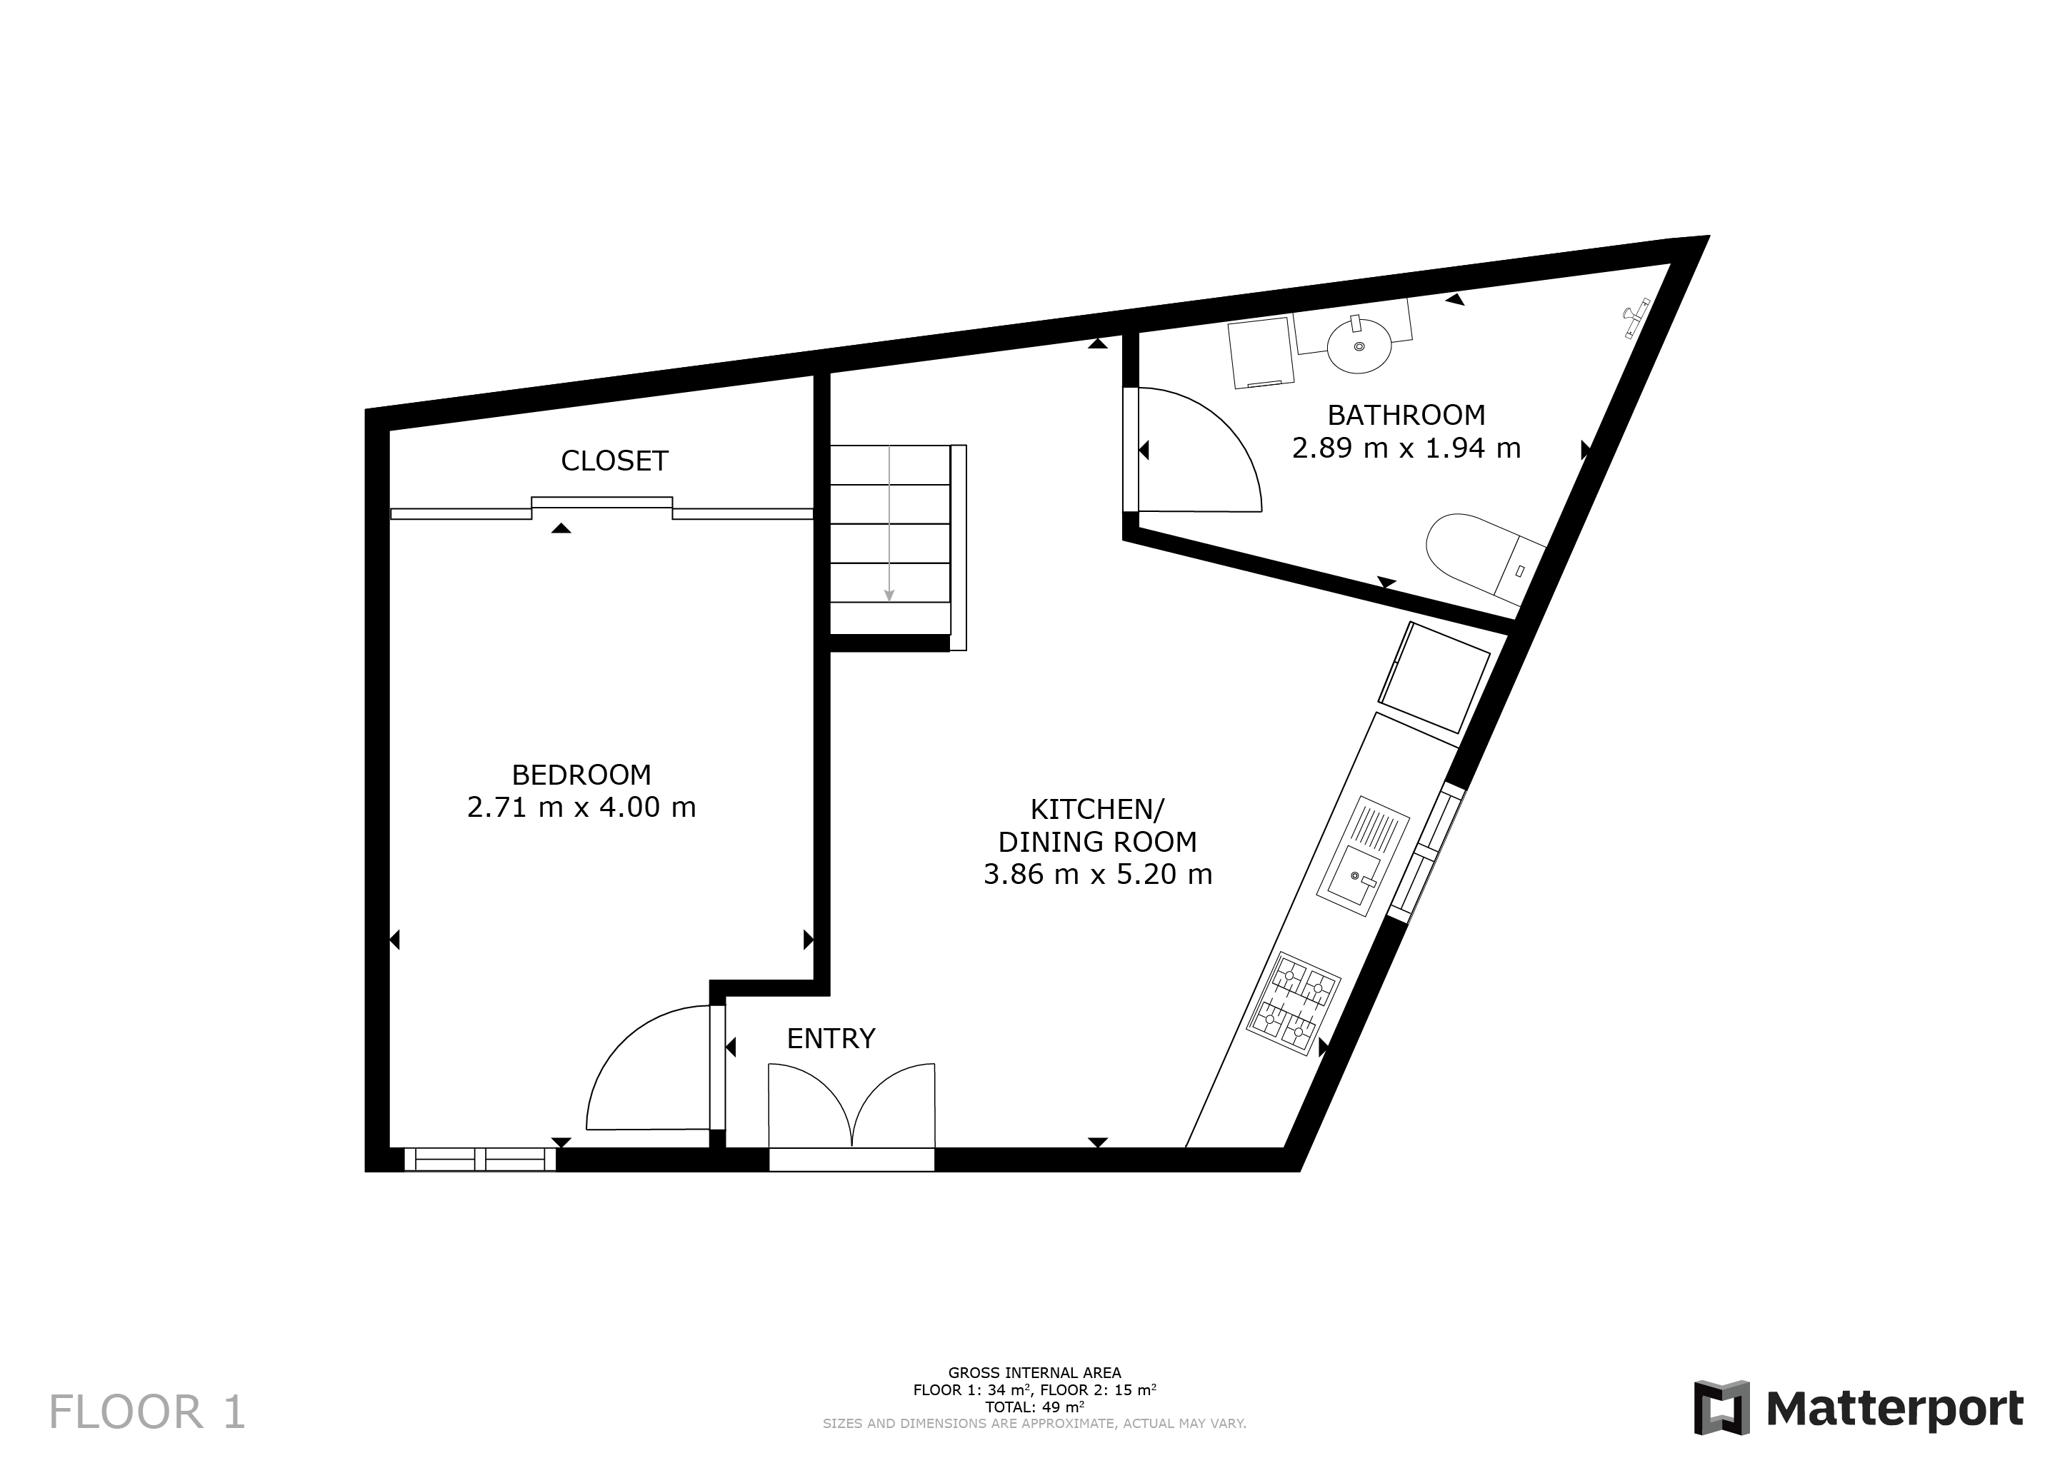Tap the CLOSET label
point(614,461)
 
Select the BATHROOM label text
point(1406,415)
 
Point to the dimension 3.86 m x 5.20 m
point(1097,875)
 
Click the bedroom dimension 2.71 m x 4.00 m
point(581,807)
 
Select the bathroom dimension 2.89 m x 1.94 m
point(1406,448)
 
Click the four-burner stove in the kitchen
point(1293,1004)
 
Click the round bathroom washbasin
point(1359,346)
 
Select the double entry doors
point(851,1109)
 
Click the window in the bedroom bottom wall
point(479,1160)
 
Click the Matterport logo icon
point(1721,1407)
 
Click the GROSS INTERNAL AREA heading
point(1034,1373)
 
